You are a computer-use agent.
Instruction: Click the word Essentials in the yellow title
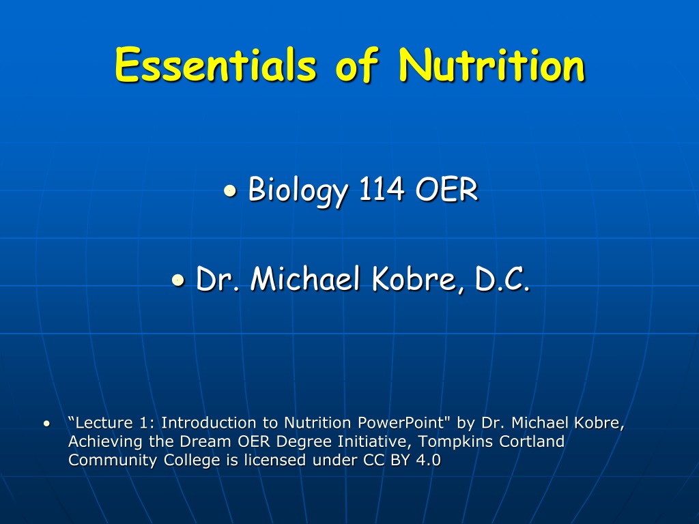pyautogui.click(x=216, y=65)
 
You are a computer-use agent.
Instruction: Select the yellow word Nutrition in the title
pyautogui.click(x=491, y=65)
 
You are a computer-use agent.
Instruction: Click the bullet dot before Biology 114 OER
pyautogui.click(x=230, y=191)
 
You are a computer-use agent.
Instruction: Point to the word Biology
pyautogui.click(x=298, y=191)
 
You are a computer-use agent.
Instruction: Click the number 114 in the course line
pyautogui.click(x=382, y=189)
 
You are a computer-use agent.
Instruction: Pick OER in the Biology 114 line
pyautogui.click(x=446, y=189)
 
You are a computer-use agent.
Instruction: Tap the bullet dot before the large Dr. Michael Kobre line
pyautogui.click(x=178, y=280)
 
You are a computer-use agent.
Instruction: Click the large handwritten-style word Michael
pyautogui.click(x=305, y=278)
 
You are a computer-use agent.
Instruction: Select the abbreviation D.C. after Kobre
pyautogui.click(x=502, y=279)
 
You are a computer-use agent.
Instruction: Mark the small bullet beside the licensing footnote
pyautogui.click(x=47, y=423)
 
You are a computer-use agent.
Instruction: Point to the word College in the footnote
pyautogui.click(x=192, y=461)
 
